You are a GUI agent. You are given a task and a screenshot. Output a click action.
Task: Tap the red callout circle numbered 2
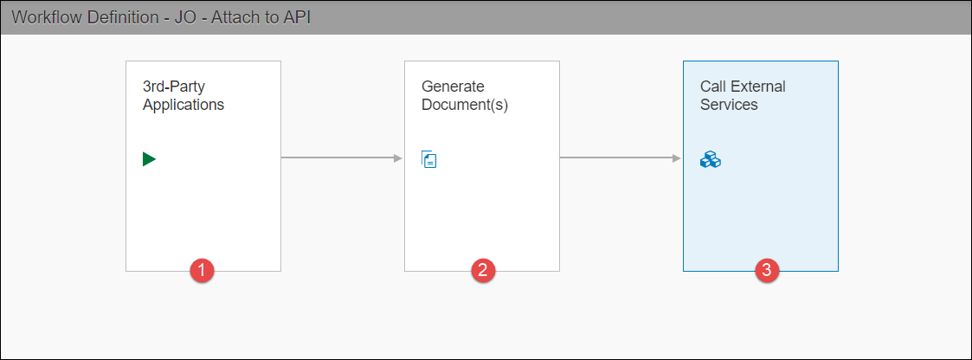tap(482, 271)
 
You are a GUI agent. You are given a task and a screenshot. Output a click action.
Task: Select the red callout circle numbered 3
tap(764, 271)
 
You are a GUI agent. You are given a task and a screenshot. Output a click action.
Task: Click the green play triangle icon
tap(149, 158)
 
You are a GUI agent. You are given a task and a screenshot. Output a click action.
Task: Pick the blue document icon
tap(429, 158)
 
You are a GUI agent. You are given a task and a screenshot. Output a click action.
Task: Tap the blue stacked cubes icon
tap(710, 159)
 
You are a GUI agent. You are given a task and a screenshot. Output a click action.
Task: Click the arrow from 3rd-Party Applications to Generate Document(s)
tap(342, 157)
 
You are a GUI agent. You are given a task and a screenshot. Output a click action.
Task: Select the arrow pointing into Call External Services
tap(621, 157)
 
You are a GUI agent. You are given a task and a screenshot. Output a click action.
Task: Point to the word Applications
tap(183, 105)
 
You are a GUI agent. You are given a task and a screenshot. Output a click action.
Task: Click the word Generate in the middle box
tap(453, 87)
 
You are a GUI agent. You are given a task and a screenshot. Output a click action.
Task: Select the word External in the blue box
tap(757, 87)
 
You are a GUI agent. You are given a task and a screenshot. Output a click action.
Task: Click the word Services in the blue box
tap(729, 105)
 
